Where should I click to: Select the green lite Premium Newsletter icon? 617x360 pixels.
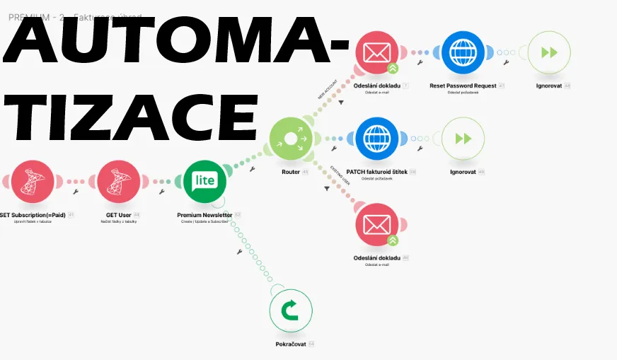click(x=204, y=182)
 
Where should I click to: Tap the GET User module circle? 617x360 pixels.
click(x=119, y=182)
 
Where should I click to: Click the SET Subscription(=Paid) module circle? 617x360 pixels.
click(x=33, y=182)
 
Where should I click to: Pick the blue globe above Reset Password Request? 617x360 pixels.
click(x=463, y=52)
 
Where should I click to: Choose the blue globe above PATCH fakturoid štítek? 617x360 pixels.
click(x=376, y=139)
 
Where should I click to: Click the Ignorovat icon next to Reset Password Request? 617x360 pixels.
click(x=549, y=52)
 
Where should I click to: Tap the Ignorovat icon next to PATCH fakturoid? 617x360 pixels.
click(x=463, y=139)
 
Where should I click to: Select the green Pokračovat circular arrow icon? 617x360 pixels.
click(x=291, y=311)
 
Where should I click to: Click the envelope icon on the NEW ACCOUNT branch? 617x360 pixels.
click(x=377, y=52)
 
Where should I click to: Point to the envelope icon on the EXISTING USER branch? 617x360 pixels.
click(x=377, y=225)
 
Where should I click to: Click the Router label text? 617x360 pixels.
click(x=291, y=172)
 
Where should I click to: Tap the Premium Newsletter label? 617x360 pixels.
click(x=204, y=215)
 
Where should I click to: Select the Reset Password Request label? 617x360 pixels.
click(x=463, y=86)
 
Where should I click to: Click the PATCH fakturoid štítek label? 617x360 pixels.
click(x=376, y=172)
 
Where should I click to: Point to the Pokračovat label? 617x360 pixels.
click(x=290, y=344)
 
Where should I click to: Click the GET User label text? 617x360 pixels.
click(x=118, y=215)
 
